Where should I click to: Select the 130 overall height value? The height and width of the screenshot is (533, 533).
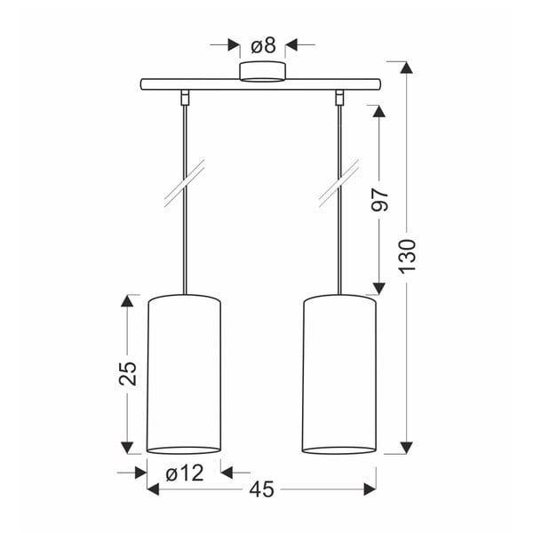tap(407, 258)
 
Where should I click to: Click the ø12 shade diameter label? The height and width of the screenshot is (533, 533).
tap(184, 472)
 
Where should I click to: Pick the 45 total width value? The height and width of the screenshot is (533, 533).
tap(262, 489)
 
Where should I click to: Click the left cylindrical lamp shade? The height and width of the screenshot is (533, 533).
tap(184, 373)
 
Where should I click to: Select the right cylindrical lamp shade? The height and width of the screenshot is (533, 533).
tap(339, 373)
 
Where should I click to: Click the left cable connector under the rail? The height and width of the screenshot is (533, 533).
tap(185, 96)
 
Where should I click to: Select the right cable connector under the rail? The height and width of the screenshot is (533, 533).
tap(339, 96)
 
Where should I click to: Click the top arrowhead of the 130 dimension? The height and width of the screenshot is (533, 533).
tap(407, 68)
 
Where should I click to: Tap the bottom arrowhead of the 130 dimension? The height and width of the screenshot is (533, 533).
tap(407, 447)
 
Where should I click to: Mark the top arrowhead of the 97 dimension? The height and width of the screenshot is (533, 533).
tap(379, 112)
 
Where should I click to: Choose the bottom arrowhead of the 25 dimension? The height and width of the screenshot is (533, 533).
tap(130, 447)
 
